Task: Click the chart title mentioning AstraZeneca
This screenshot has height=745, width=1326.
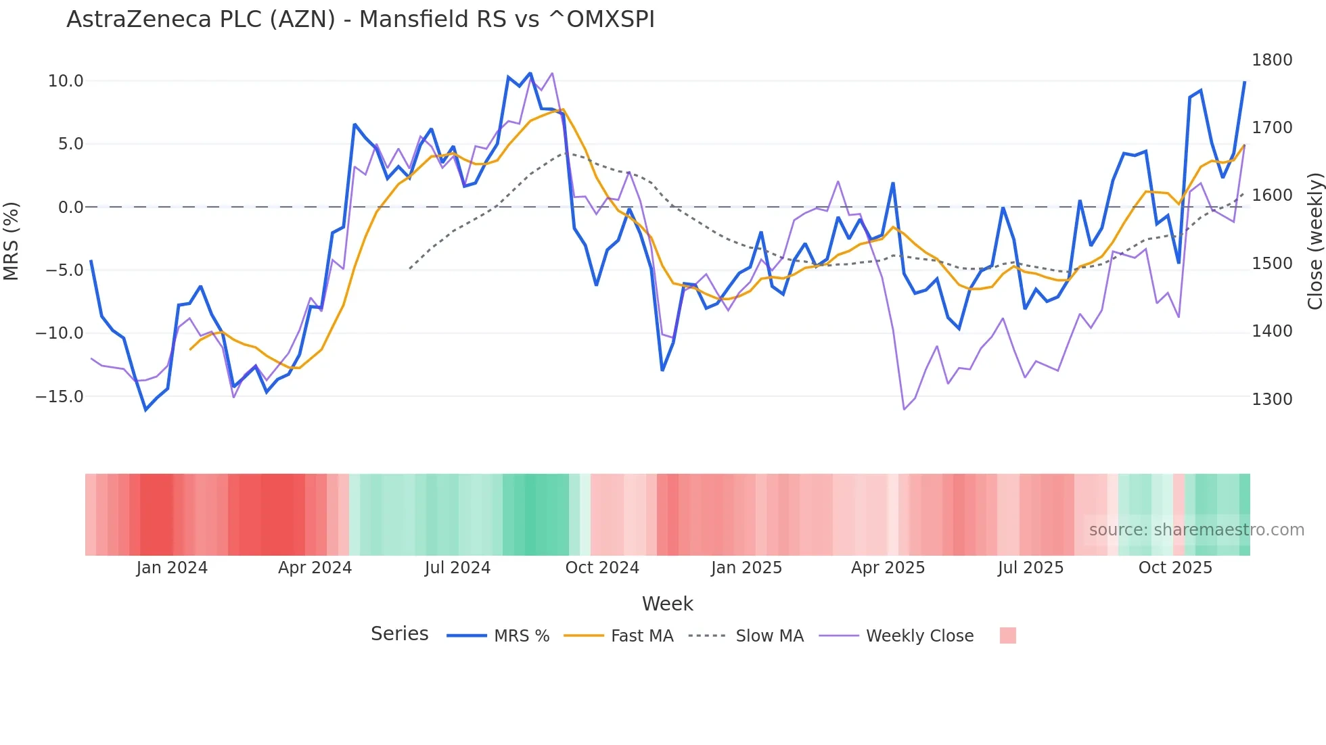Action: (x=360, y=20)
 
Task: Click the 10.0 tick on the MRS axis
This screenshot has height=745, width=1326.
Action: (x=66, y=81)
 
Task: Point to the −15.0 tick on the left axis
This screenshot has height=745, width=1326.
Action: (x=60, y=397)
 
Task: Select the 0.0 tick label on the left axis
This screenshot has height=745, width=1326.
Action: (x=70, y=208)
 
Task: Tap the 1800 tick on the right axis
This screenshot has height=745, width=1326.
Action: (x=1272, y=60)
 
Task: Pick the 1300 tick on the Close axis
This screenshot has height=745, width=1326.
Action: (x=1272, y=400)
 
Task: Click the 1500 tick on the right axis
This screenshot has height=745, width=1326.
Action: (x=1272, y=264)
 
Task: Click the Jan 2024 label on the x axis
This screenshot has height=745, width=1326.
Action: (x=172, y=568)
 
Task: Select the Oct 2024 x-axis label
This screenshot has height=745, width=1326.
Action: (x=602, y=568)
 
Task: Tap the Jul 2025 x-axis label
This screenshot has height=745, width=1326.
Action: (x=1030, y=568)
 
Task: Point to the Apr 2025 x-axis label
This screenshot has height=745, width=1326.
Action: (x=888, y=568)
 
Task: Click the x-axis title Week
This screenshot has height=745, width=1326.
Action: (x=667, y=604)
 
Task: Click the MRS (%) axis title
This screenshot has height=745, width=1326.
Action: (x=12, y=241)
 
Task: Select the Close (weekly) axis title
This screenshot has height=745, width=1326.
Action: (x=1314, y=241)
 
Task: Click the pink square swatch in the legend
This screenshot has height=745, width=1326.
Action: (x=1007, y=635)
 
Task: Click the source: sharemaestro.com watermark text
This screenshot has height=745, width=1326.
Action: (x=1196, y=530)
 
